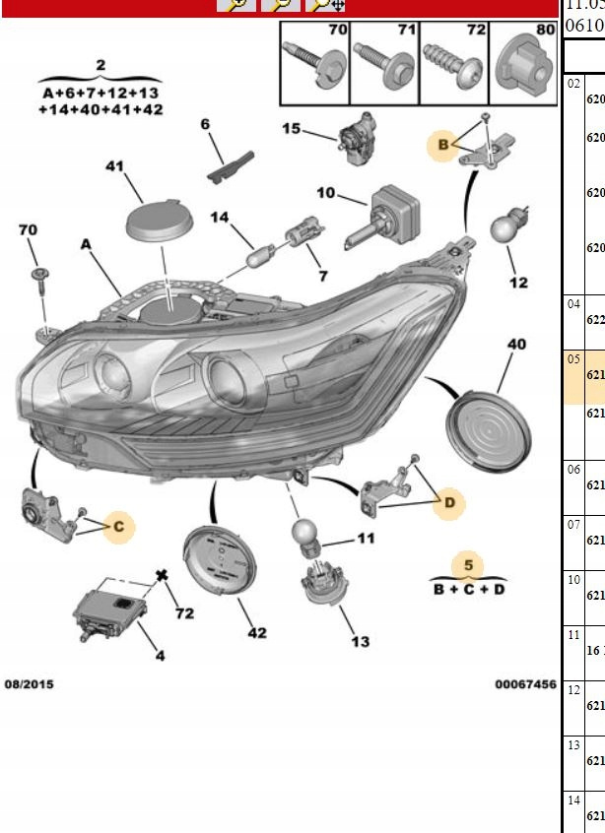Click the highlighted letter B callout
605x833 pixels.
(443, 146)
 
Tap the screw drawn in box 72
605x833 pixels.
(449, 64)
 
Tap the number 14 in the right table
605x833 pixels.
(573, 801)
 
